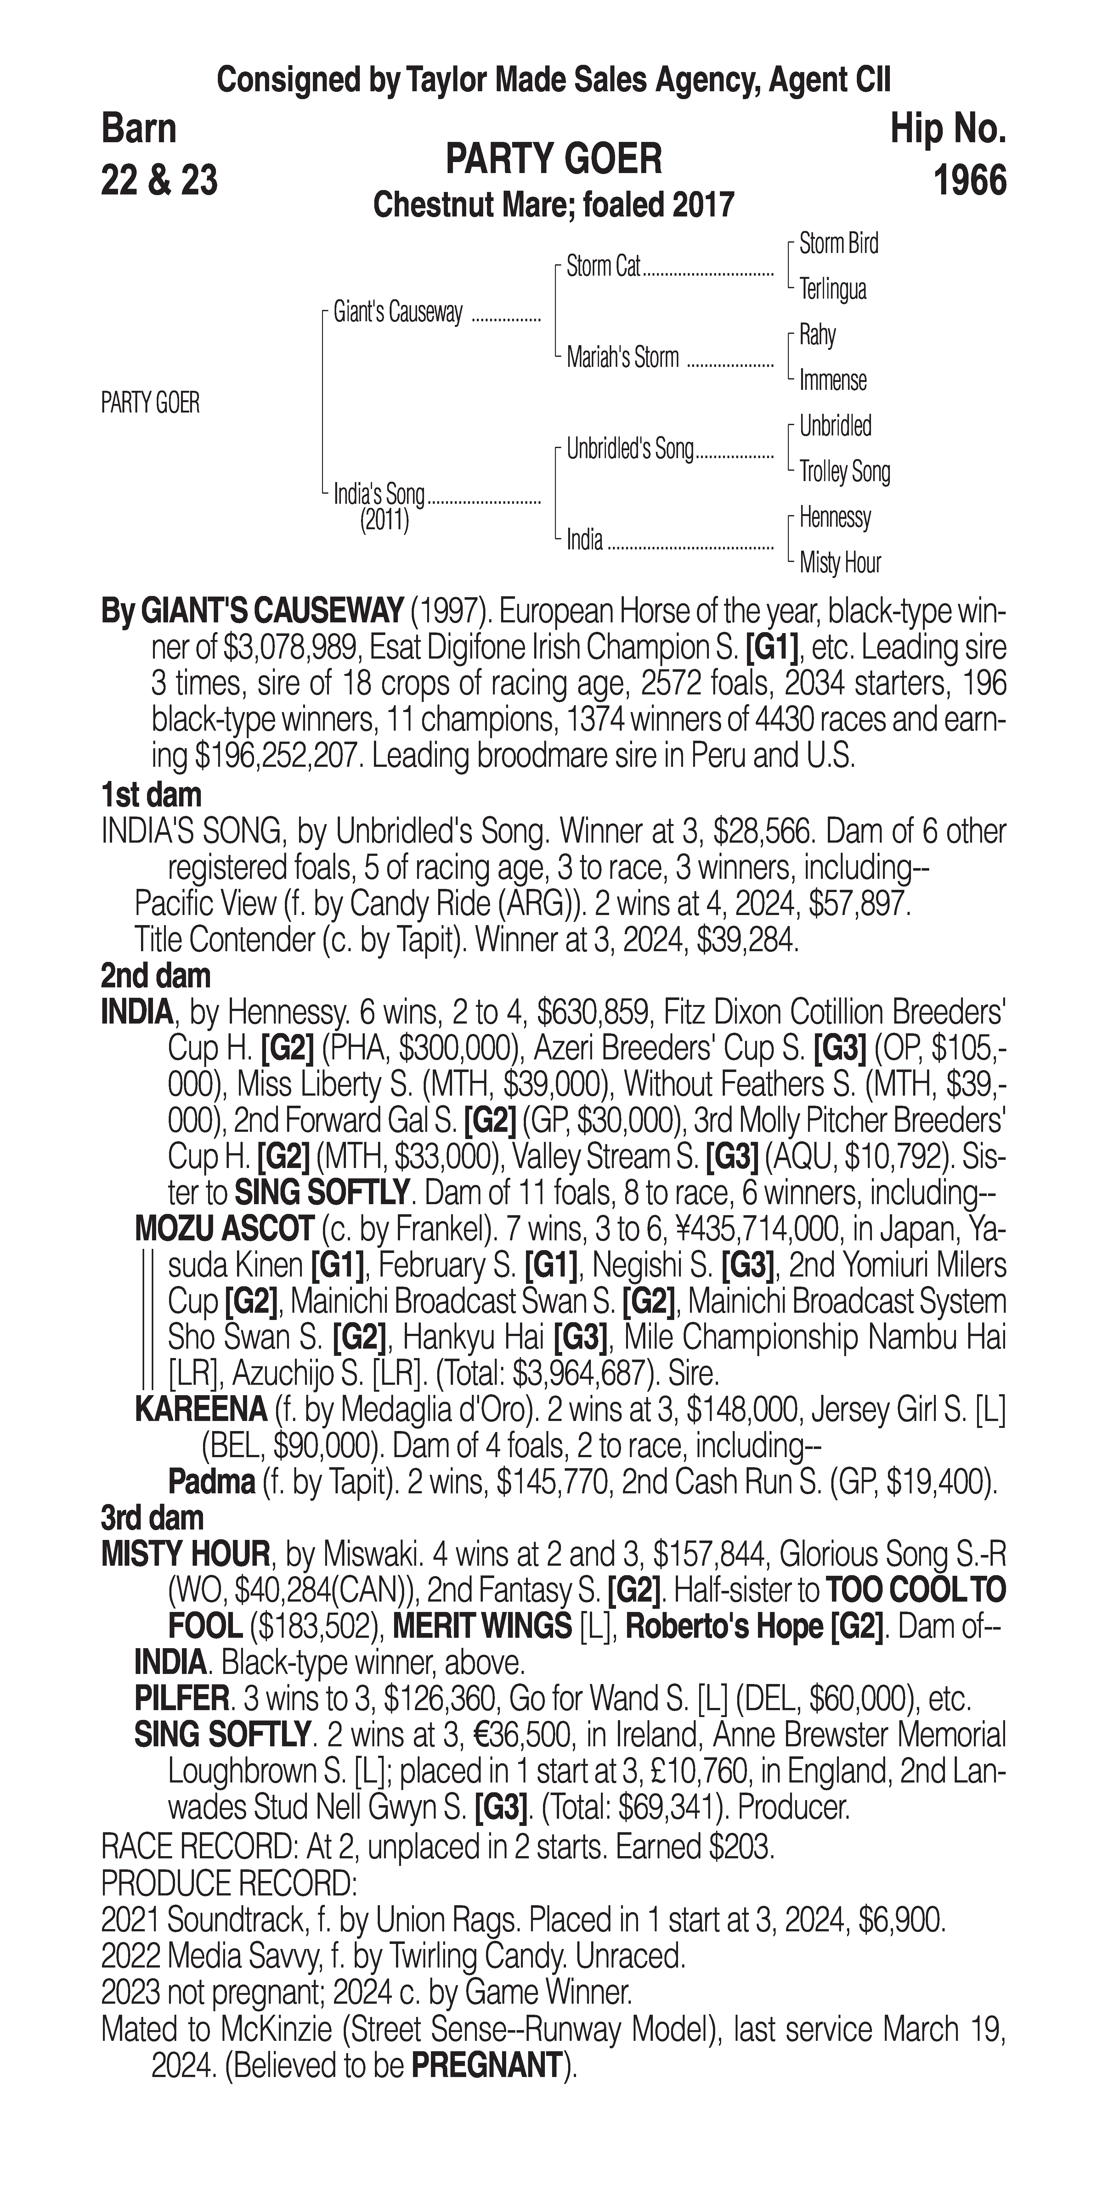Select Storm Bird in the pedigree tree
(x=838, y=244)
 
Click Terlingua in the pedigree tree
(x=832, y=289)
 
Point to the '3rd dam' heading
(x=152, y=1518)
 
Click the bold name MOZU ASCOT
(x=224, y=1229)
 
